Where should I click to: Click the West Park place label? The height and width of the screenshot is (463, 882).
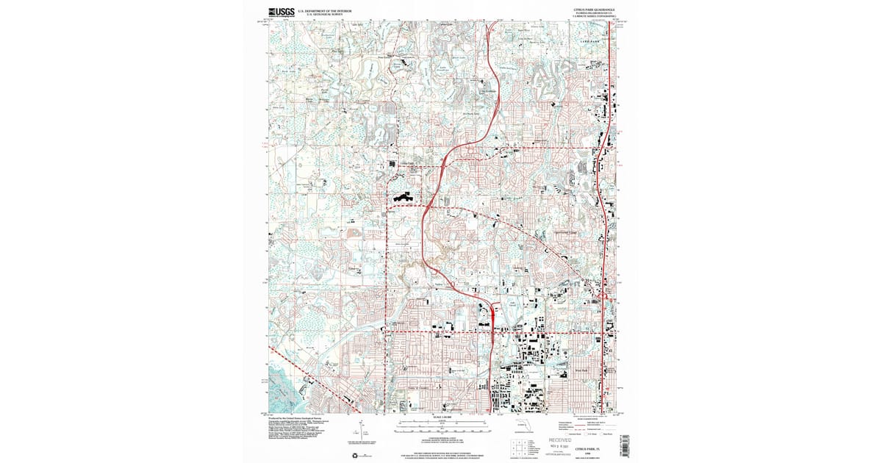pos(582,370)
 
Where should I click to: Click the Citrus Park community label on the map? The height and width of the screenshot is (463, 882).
pos(406,163)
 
